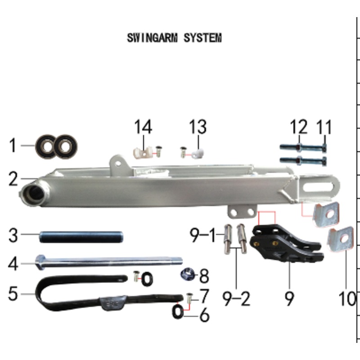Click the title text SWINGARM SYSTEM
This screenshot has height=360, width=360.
click(174, 38)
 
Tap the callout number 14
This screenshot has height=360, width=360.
click(143, 127)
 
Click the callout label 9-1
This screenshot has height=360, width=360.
click(205, 235)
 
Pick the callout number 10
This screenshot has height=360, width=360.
click(347, 299)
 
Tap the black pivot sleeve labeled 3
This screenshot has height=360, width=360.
click(81, 236)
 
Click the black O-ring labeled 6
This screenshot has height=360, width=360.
click(178, 311)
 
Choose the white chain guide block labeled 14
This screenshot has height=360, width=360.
click(140, 153)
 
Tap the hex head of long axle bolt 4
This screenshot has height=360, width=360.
click(40, 263)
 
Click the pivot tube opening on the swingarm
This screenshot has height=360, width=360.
click(34, 194)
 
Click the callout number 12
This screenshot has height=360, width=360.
click(298, 128)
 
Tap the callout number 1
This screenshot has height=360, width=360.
click(13, 146)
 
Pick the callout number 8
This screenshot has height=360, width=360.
click(204, 274)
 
